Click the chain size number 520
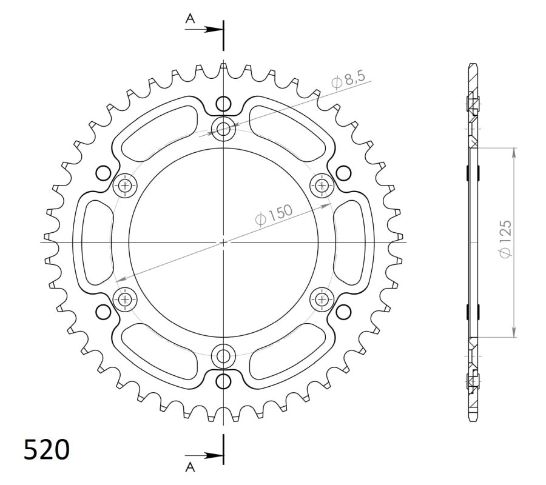[47, 450]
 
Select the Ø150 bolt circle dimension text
[274, 215]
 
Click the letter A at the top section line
[190, 19]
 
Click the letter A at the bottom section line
[190, 466]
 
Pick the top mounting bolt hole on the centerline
[224, 129]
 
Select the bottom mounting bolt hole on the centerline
[224, 355]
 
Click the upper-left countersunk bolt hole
[126, 186]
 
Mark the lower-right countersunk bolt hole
[322, 298]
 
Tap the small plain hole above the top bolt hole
[224, 102]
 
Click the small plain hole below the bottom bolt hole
[224, 381]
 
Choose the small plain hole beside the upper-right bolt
[343, 172]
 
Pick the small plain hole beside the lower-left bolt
[104, 312]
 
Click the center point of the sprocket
[224, 242]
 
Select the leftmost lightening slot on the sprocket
[94, 242]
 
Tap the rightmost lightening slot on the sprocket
[354, 242]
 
